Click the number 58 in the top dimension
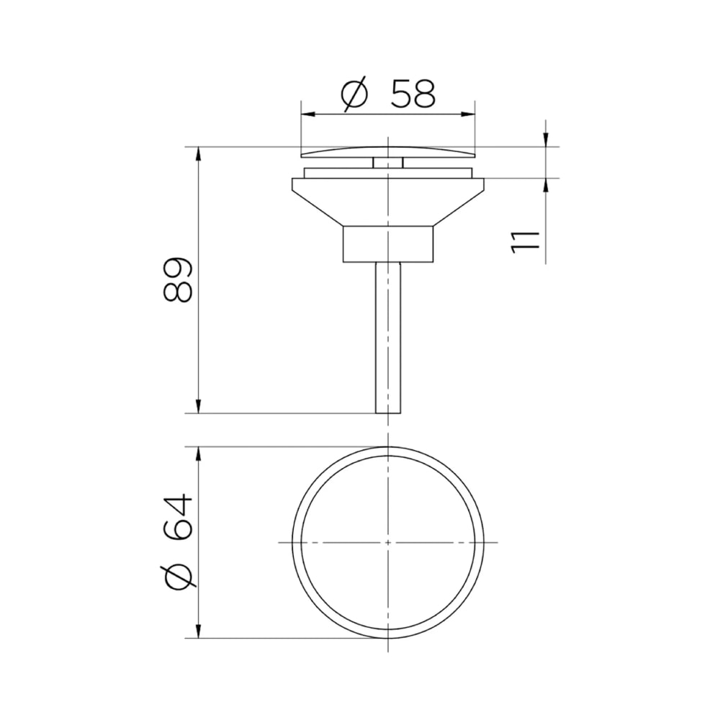413,94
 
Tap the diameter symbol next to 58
355,94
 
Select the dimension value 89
177,279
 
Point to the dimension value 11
525,241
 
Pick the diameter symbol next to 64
178,576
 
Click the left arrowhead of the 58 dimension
307,114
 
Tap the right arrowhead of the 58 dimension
467,114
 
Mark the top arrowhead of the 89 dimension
199,154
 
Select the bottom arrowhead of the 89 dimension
199,406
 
